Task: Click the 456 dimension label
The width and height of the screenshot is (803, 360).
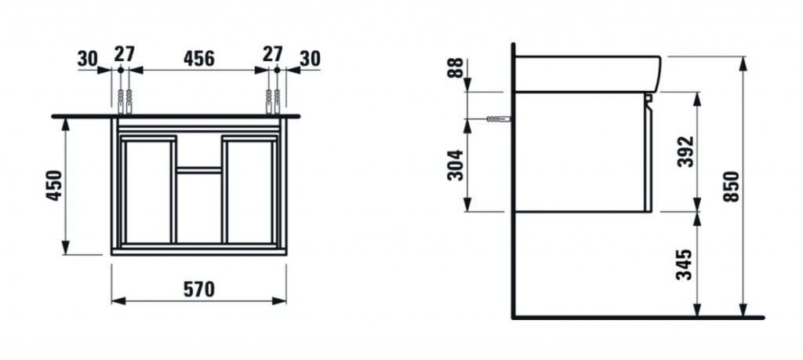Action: click(x=198, y=59)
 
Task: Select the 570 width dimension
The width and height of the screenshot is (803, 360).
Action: click(x=198, y=290)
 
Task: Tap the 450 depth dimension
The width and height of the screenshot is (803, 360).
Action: click(x=54, y=185)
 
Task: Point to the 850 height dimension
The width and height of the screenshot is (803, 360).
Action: click(x=732, y=187)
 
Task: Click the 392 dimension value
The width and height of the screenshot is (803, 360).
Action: click(x=685, y=151)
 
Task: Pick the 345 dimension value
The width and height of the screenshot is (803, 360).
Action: click(x=685, y=265)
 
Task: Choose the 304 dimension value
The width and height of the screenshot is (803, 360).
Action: click(x=456, y=165)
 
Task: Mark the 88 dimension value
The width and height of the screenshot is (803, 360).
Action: click(x=456, y=67)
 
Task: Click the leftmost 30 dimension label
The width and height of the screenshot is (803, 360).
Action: click(x=88, y=59)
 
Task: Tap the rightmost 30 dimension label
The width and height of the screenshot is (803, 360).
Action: click(x=310, y=59)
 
